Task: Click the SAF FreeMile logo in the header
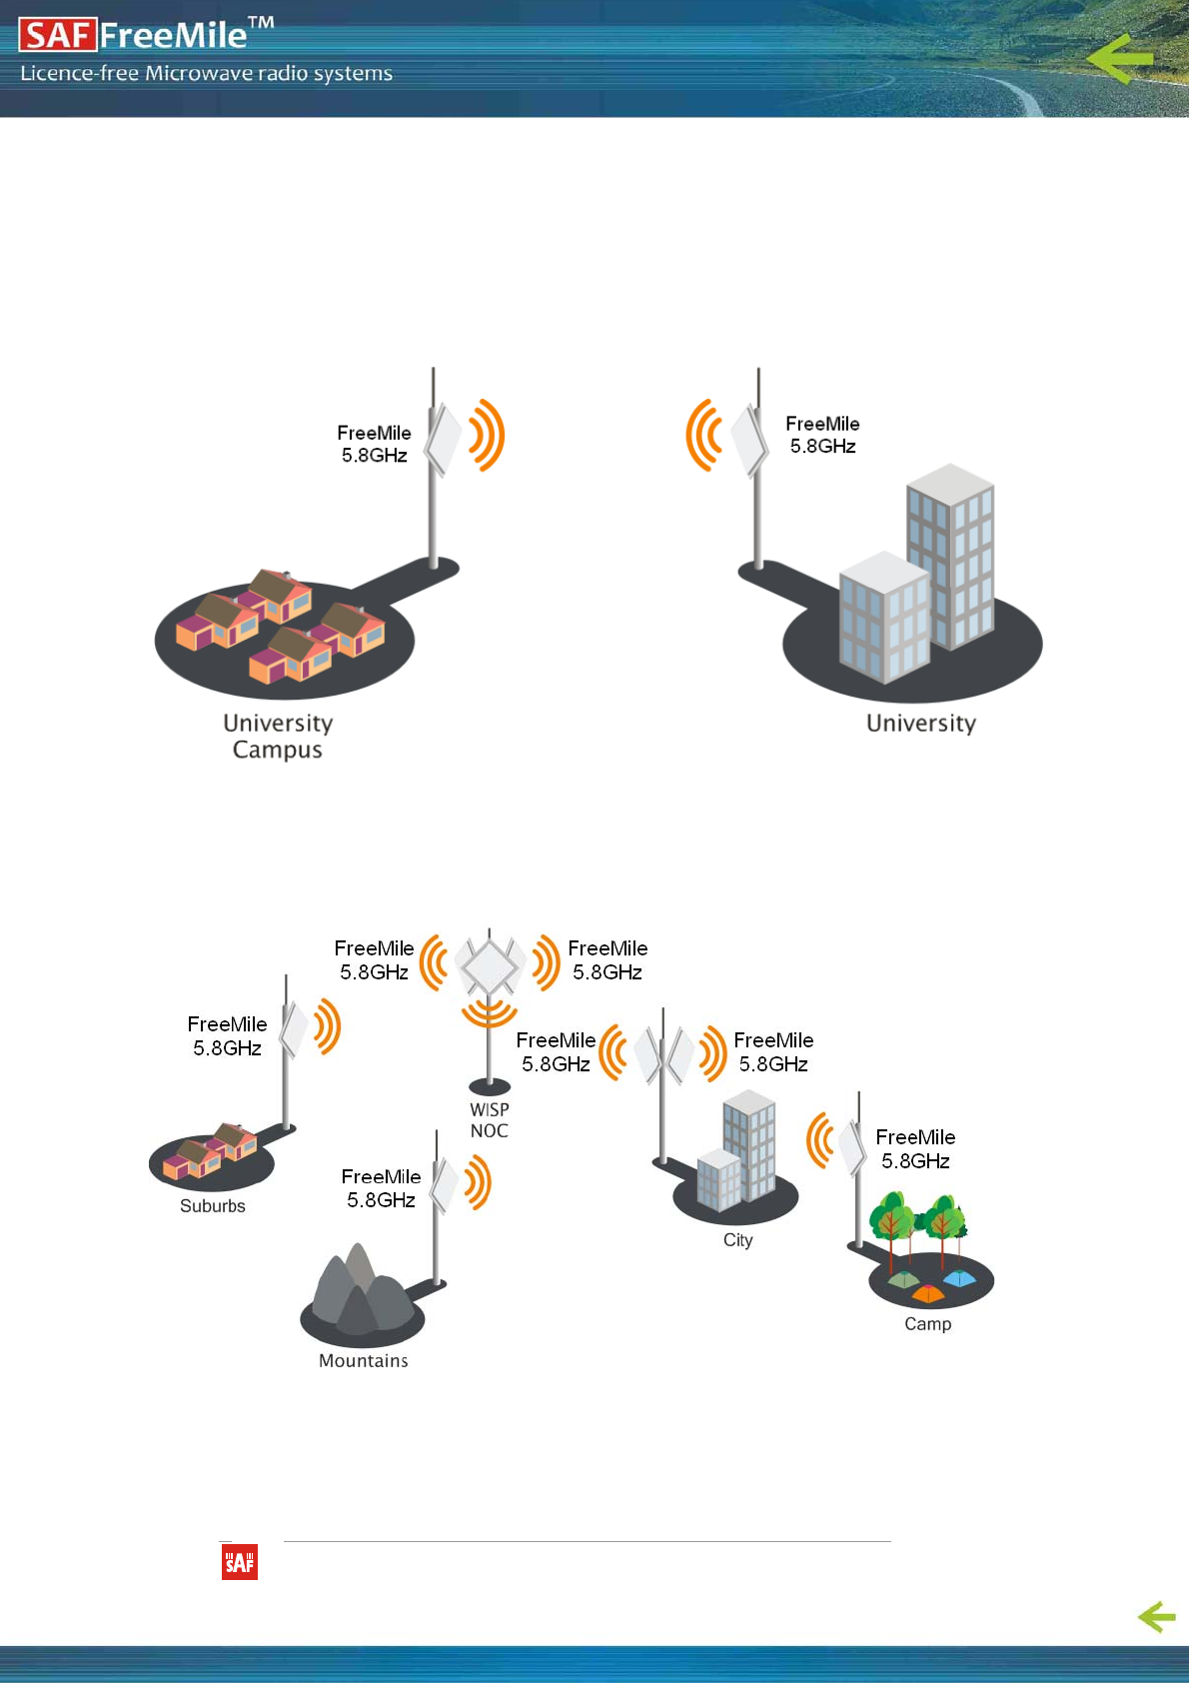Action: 146,35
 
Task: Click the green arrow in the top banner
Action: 1120,59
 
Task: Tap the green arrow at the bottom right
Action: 1156,1616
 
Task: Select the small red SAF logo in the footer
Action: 240,1562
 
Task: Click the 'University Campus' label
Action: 278,737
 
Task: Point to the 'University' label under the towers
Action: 921,724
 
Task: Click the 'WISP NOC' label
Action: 490,1120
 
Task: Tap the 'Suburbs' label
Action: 213,1206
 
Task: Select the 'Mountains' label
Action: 364,1361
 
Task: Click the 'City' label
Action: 738,1240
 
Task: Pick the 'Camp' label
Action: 928,1324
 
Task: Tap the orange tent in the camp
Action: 927,1294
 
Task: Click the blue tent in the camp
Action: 960,1278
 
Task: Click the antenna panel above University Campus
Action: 443,438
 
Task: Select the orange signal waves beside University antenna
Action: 704,435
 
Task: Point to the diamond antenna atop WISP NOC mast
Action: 489,965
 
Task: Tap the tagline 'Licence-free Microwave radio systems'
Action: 207,73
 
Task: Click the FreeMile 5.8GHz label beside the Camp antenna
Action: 915,1149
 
